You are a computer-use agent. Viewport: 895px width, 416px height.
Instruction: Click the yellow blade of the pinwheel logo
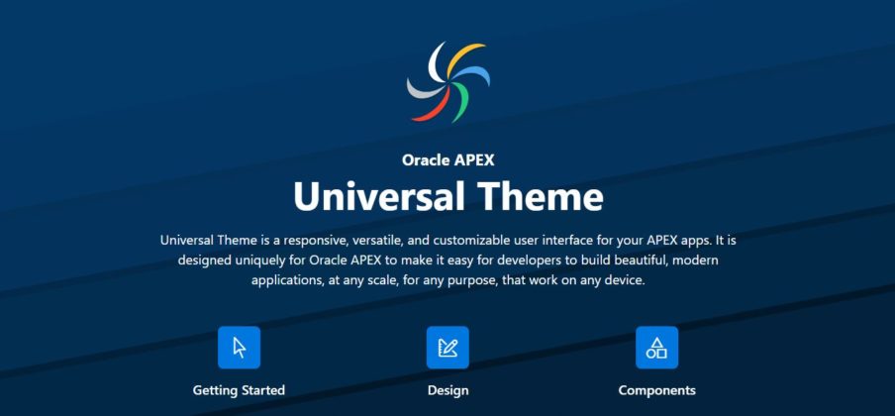462,54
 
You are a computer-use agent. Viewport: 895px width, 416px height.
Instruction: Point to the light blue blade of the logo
475,73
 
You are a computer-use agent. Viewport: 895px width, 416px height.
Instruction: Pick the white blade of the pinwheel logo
435,60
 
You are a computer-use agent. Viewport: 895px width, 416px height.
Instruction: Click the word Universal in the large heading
373,196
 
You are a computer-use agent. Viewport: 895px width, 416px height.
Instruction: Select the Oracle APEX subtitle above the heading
448,160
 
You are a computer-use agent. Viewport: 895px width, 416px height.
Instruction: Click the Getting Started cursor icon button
240,348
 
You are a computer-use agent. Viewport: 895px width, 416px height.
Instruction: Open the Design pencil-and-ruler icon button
448,348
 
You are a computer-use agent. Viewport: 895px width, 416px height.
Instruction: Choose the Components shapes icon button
657,348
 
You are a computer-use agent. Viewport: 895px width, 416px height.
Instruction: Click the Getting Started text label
239,391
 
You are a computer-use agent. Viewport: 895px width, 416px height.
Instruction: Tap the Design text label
448,391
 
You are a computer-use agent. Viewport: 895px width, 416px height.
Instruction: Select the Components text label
657,391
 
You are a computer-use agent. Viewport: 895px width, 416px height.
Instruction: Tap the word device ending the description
626,281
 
